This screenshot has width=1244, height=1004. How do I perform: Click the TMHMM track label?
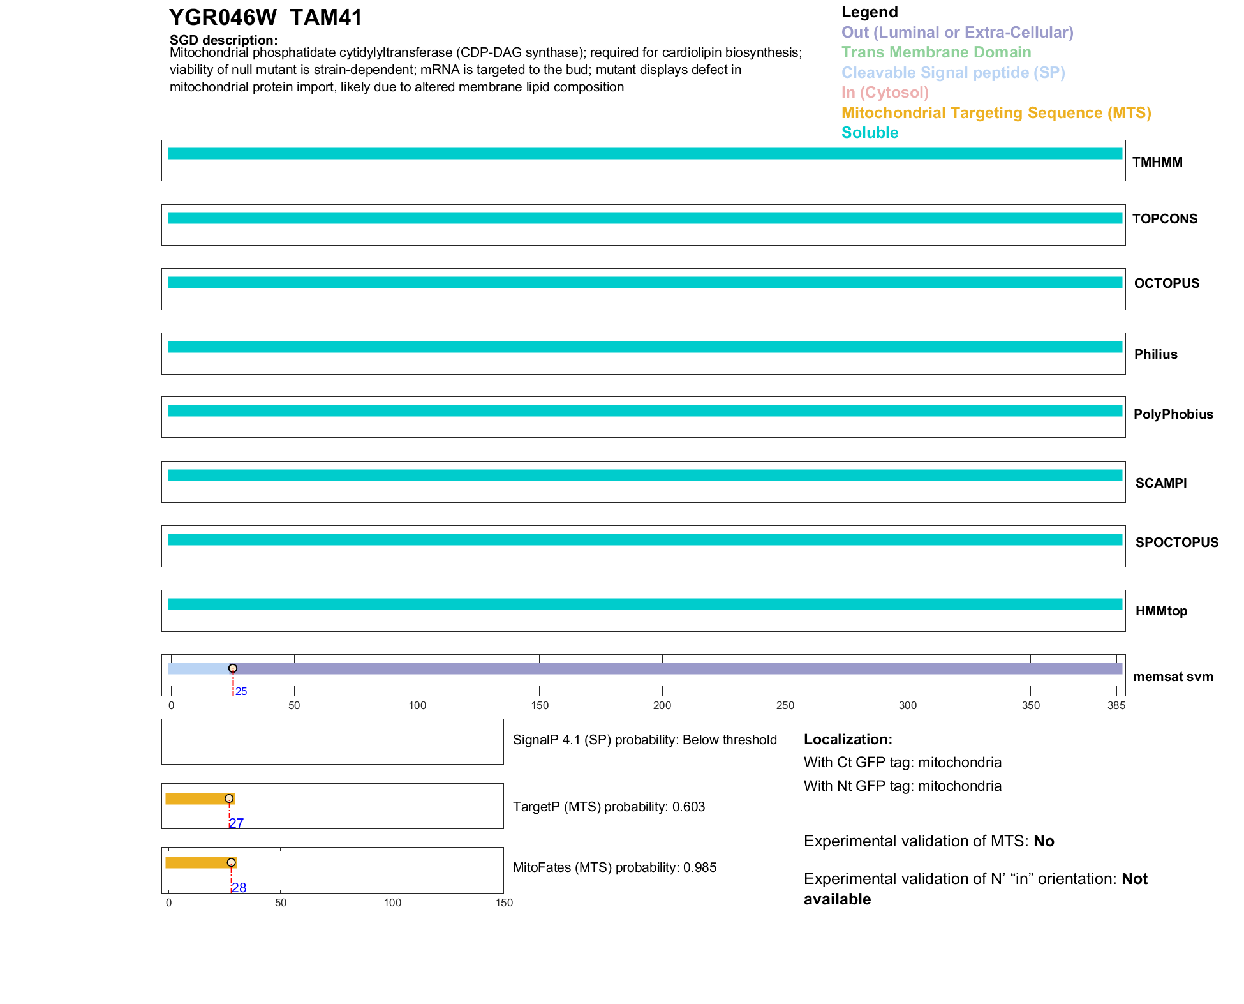point(1157,162)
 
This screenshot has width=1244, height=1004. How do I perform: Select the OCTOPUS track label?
point(1166,283)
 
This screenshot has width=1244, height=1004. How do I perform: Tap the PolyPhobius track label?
point(1173,414)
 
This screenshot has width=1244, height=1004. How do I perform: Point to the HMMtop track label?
point(1161,611)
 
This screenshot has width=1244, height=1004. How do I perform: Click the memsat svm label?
point(1173,677)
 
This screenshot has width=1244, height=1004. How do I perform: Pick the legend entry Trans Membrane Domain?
point(936,52)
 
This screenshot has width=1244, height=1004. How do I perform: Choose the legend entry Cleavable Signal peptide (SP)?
point(953,73)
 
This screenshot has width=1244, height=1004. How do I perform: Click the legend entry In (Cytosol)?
point(885,93)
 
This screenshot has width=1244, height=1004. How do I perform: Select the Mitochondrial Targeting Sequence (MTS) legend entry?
point(996,113)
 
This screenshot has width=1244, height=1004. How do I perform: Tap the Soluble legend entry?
point(870,133)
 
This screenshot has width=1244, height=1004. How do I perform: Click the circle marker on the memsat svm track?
point(233,668)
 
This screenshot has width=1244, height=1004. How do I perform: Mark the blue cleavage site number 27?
point(237,823)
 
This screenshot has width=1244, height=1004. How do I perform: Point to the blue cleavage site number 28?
point(239,888)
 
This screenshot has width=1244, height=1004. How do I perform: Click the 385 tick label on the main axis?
point(1116,705)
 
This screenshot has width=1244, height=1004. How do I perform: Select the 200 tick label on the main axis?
point(662,705)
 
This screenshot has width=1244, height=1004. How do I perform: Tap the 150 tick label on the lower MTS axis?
point(504,903)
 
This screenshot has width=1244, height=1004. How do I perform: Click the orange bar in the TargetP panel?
point(198,798)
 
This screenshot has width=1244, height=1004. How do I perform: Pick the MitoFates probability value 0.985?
point(700,867)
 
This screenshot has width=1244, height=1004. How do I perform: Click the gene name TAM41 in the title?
point(326,18)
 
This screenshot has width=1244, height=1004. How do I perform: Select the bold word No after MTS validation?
point(1044,841)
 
